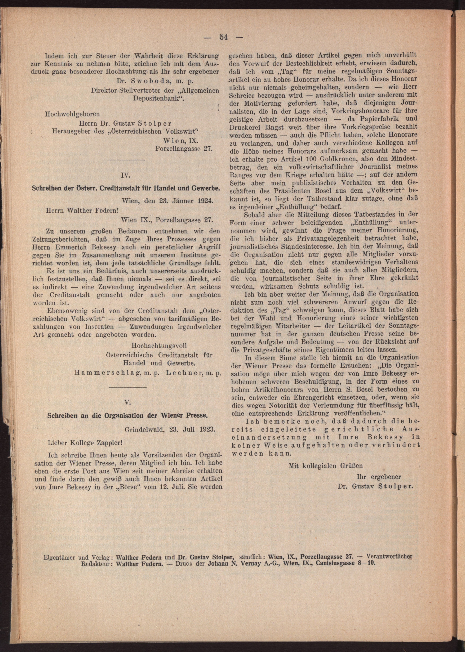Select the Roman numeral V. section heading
(x=128, y=402)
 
